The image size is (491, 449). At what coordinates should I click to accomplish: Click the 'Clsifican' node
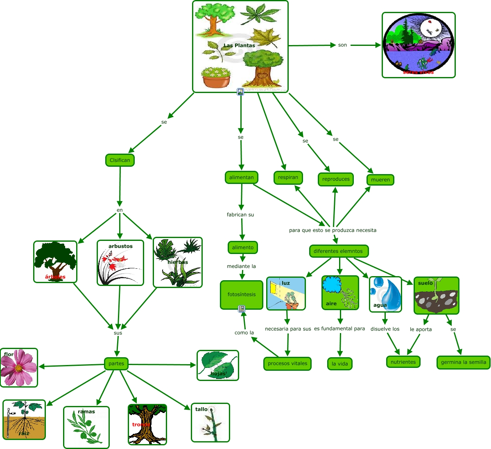(120, 160)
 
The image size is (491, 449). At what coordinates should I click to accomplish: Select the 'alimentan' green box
(241, 177)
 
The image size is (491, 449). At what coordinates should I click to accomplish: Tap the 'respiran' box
(288, 177)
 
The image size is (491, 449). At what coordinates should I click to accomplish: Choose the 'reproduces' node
(335, 179)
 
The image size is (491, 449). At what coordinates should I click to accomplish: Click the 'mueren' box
(380, 179)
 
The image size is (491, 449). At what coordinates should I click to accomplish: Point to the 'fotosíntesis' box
(241, 295)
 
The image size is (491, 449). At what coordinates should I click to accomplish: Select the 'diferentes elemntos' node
(338, 251)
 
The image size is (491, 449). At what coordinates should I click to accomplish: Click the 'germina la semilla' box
(463, 362)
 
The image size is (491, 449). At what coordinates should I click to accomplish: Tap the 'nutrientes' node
(403, 362)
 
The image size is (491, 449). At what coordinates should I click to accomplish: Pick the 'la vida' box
(339, 363)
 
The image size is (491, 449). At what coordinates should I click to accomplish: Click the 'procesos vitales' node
(287, 363)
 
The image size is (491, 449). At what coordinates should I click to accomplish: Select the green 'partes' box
(116, 363)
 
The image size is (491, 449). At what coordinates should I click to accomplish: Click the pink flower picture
(19, 367)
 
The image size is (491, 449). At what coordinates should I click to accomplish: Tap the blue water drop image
(385, 294)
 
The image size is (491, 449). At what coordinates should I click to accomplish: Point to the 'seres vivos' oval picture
(419, 45)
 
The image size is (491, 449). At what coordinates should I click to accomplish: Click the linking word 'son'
(342, 45)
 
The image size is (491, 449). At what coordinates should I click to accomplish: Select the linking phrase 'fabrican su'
(240, 215)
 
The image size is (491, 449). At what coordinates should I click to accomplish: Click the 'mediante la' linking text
(241, 266)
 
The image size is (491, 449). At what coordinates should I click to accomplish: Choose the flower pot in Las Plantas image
(216, 77)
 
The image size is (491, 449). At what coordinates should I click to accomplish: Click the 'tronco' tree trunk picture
(147, 424)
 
